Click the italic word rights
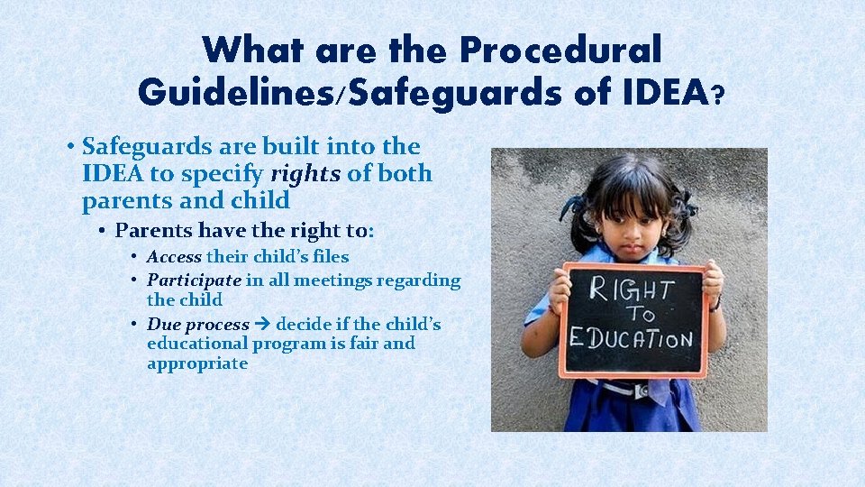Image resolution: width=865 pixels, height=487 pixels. click(305, 173)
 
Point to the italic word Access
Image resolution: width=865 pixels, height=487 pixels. click(174, 257)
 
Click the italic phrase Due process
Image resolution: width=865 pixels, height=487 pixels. click(197, 324)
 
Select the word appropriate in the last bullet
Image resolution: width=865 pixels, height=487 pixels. click(196, 363)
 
